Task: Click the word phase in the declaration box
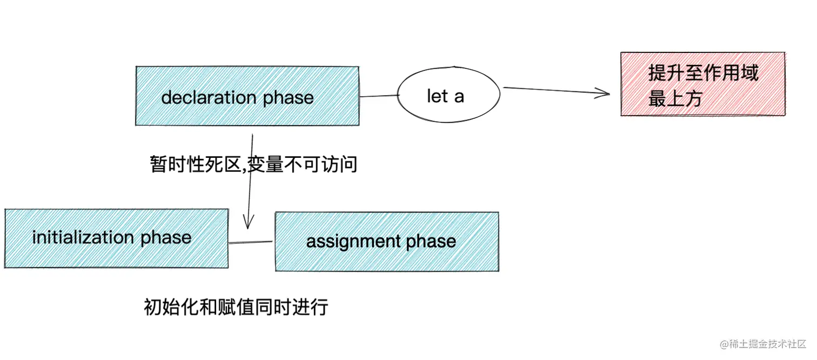point(288,97)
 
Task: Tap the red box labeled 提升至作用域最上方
point(702,84)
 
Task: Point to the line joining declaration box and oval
point(378,96)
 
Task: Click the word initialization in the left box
point(83,237)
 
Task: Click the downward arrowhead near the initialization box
point(249,222)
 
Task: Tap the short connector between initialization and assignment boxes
point(251,242)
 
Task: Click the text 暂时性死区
point(194,164)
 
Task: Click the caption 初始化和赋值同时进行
point(236,307)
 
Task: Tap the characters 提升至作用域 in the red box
point(703,72)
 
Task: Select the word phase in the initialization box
point(166,237)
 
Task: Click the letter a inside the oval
point(459,96)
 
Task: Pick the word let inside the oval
point(437,96)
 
